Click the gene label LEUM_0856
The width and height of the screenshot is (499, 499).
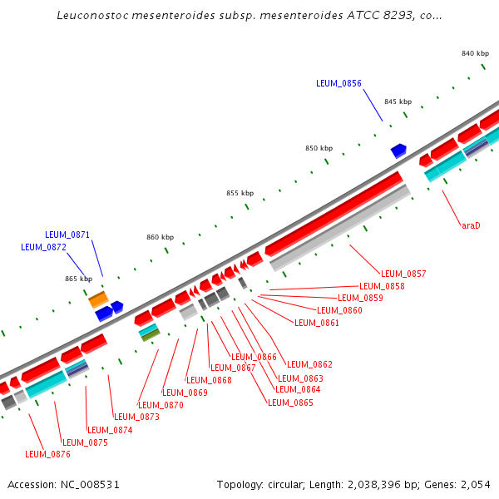[x=338, y=83]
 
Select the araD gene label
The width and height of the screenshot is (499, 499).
[x=471, y=225]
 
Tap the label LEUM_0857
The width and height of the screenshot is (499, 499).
[x=403, y=274]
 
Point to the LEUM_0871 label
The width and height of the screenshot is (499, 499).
[x=67, y=235]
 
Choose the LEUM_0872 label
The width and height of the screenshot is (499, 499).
[x=43, y=247]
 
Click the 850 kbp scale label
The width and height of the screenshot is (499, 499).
[x=319, y=148]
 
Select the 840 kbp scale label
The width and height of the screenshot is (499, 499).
[x=475, y=53]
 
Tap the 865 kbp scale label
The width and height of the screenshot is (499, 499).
[x=79, y=279]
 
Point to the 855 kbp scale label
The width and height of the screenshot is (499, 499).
[x=240, y=193]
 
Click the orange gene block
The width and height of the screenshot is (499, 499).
[x=98, y=298]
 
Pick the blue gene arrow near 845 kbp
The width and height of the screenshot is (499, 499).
[x=398, y=151]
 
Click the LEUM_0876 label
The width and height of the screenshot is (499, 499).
[x=47, y=454]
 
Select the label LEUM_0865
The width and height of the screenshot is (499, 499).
[x=290, y=403]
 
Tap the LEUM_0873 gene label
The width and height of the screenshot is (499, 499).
[x=136, y=417]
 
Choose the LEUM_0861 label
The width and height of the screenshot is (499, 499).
[x=317, y=323]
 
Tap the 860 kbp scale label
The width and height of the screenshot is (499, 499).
[x=161, y=237]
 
